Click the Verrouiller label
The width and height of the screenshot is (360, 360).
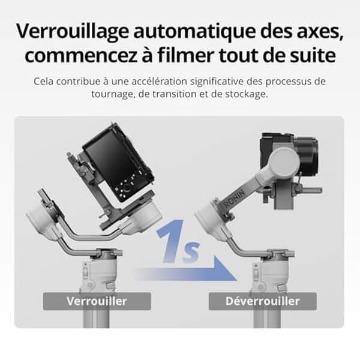(x=97, y=301)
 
